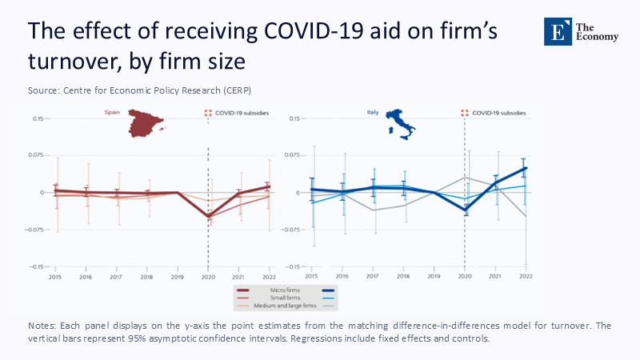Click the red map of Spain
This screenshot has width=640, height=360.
tap(145, 122)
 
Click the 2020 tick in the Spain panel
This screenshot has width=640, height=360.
tap(208, 275)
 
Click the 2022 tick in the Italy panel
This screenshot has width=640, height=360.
tap(525, 275)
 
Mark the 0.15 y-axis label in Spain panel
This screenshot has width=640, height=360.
tap(38, 118)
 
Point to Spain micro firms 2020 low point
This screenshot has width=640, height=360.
tap(208, 217)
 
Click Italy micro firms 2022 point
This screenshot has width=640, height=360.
tap(525, 168)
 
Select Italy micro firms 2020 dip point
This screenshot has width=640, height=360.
tap(465, 210)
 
